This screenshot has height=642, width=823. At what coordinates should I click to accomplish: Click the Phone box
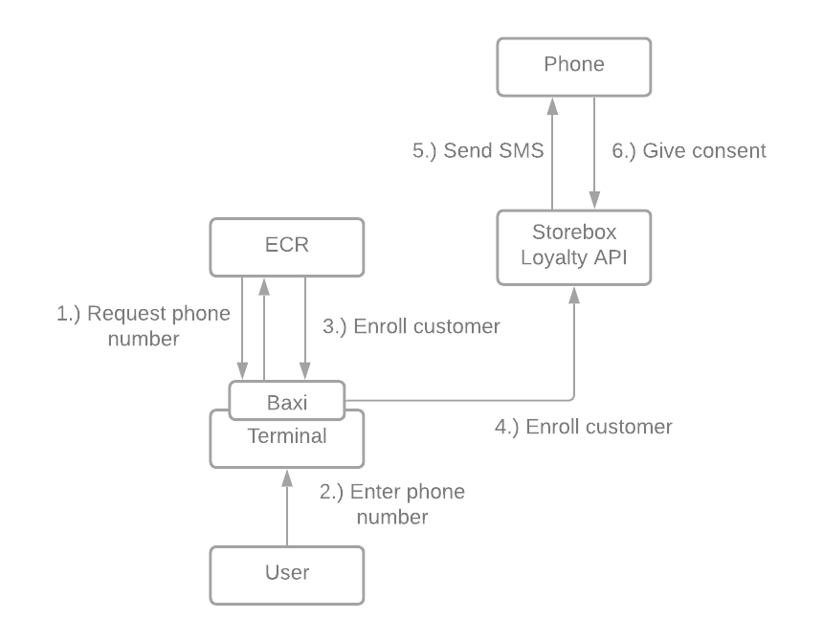pyautogui.click(x=574, y=66)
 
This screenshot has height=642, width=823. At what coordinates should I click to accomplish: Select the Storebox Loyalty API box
pyautogui.click(x=574, y=247)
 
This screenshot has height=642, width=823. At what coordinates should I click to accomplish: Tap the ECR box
pyautogui.click(x=287, y=245)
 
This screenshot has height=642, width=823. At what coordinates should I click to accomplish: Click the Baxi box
pyautogui.click(x=287, y=401)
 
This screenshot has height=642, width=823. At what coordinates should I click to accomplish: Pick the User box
pyautogui.click(x=287, y=574)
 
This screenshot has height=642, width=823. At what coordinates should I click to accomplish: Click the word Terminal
pyautogui.click(x=287, y=436)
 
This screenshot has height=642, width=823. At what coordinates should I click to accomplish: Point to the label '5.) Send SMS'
pyautogui.click(x=478, y=150)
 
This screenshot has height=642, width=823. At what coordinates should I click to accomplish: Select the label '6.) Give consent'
pyautogui.click(x=689, y=150)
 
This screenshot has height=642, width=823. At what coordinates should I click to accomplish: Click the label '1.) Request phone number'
pyautogui.click(x=144, y=326)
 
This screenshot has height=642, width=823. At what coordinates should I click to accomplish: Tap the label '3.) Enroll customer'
pyautogui.click(x=411, y=326)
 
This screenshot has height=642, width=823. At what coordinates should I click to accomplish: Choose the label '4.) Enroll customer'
pyautogui.click(x=583, y=427)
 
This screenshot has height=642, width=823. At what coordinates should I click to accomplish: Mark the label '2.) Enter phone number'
pyautogui.click(x=392, y=504)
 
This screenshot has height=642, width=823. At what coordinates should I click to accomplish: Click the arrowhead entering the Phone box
pyautogui.click(x=552, y=103)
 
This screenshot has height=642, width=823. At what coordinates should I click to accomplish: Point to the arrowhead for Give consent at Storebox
pyautogui.click(x=595, y=202)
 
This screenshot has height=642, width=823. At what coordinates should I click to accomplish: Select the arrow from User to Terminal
pyautogui.click(x=286, y=507)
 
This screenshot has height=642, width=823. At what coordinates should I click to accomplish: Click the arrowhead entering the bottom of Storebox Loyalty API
pyautogui.click(x=574, y=294)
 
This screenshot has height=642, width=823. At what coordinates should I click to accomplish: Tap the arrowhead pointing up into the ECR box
pyautogui.click(x=265, y=285)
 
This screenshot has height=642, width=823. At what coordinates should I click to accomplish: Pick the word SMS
pyautogui.click(x=522, y=150)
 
